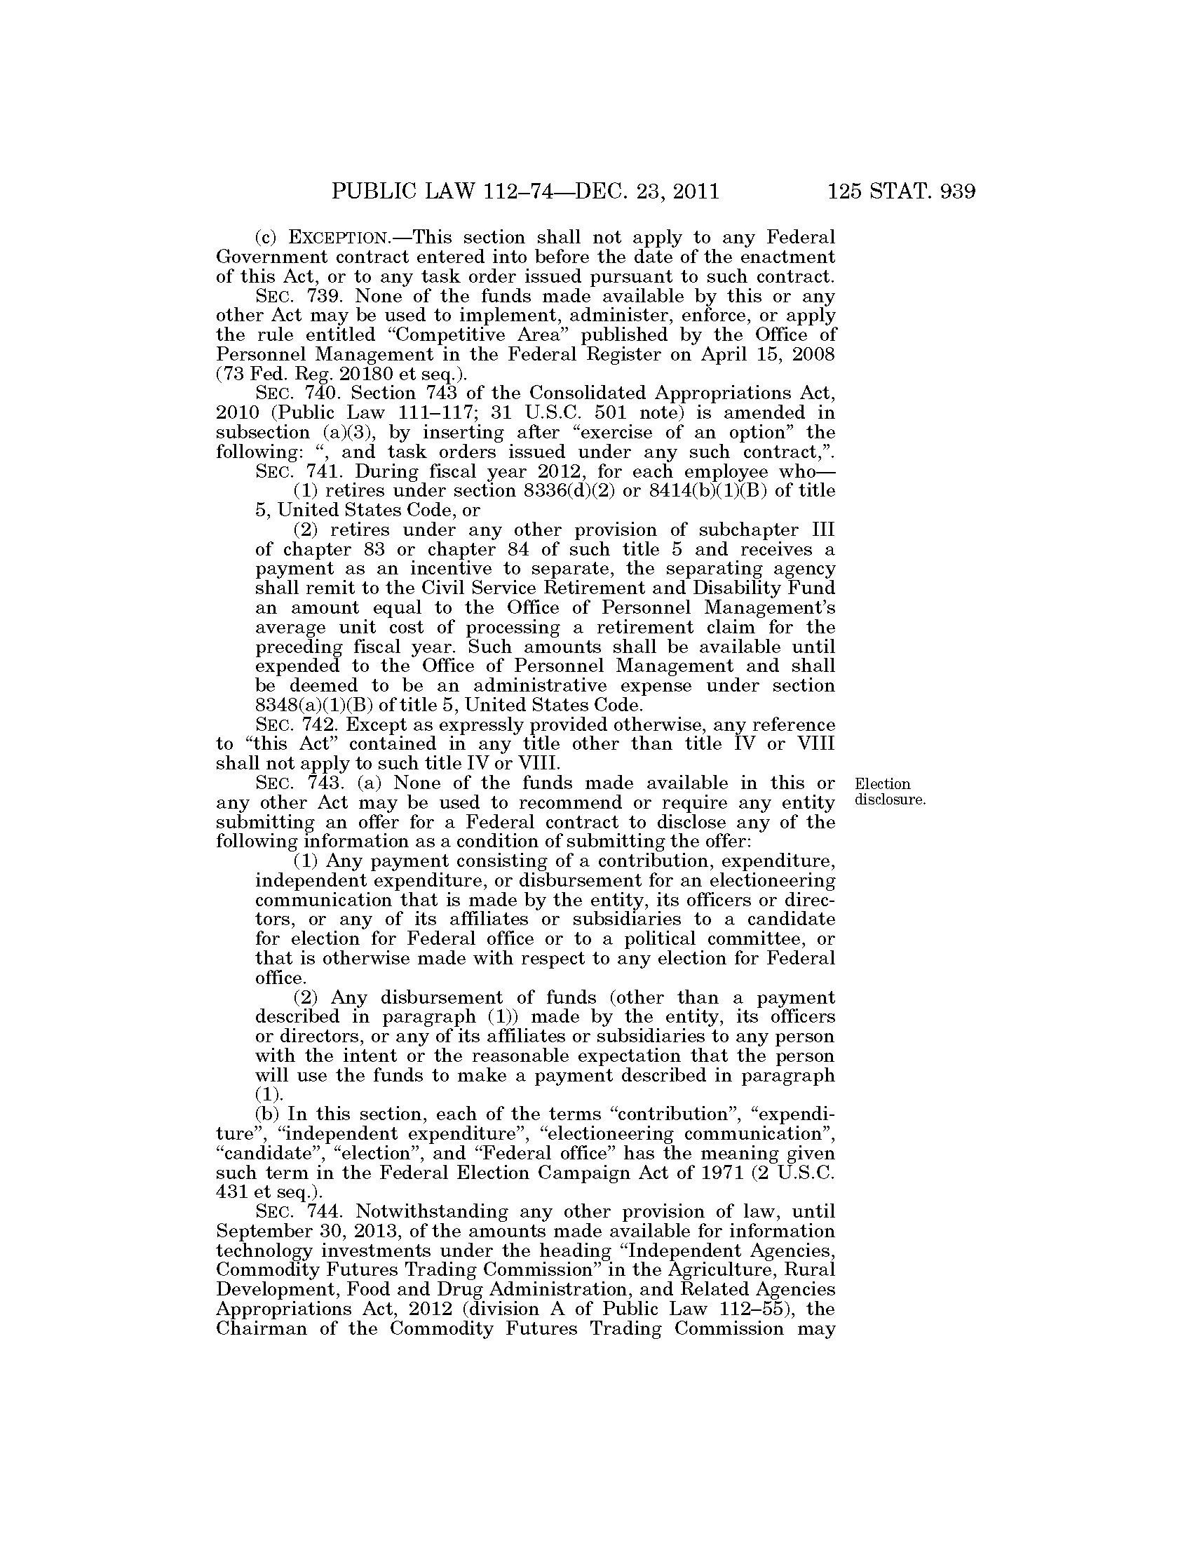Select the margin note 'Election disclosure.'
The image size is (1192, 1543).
coord(889,792)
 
